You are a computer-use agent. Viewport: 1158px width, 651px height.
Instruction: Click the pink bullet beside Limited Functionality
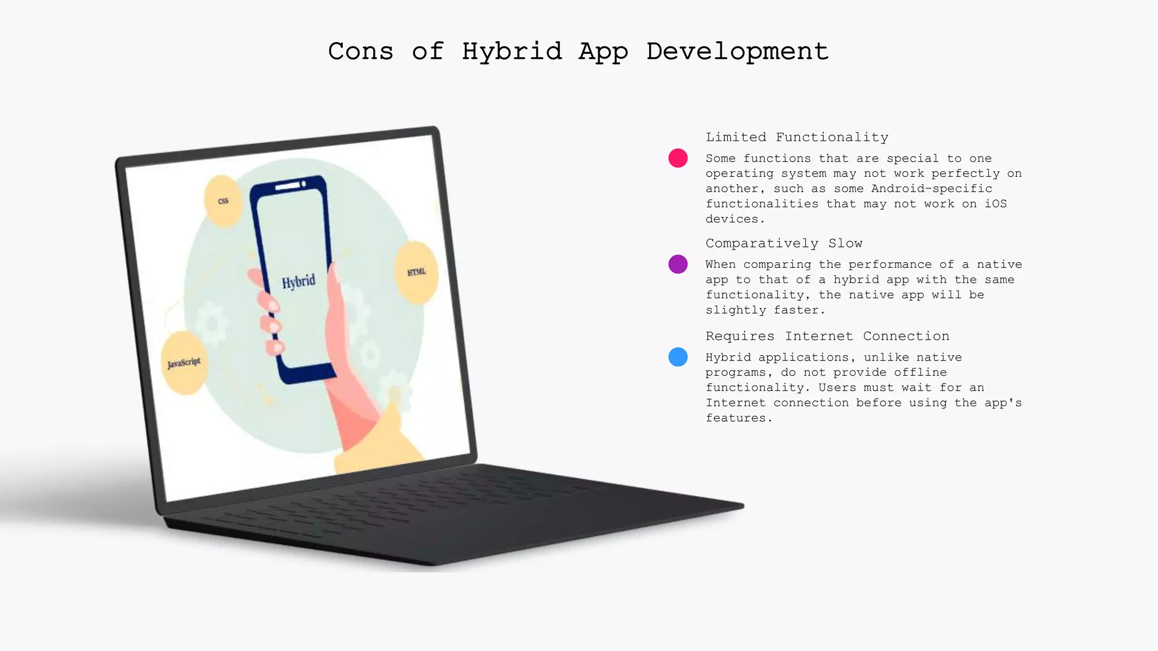coord(678,158)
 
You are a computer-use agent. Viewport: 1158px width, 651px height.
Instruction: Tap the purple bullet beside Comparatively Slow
coord(678,264)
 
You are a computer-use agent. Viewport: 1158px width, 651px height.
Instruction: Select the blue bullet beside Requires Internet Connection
coord(678,357)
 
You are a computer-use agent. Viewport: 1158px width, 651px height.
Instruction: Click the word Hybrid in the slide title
coord(512,51)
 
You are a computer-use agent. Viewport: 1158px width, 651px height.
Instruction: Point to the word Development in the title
coord(737,51)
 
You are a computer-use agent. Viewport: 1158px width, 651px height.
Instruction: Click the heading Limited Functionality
coord(797,137)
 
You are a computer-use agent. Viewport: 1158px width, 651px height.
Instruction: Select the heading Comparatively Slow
coord(784,244)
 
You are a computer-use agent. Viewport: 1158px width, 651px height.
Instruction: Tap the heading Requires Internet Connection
coord(827,336)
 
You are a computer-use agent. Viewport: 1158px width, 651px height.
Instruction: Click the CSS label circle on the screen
coord(223,201)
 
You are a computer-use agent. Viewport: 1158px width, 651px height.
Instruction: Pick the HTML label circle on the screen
coord(417,272)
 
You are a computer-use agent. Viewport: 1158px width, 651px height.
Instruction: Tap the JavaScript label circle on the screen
coord(184,363)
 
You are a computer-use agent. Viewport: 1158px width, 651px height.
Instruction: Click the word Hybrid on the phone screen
coord(299,281)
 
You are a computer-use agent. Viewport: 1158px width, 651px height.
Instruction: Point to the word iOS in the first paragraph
coord(996,204)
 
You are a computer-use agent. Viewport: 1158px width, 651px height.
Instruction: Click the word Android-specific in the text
coord(931,189)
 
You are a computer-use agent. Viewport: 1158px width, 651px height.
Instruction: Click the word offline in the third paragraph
coord(920,372)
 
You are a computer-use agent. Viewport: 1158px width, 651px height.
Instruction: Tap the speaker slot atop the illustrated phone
coord(287,186)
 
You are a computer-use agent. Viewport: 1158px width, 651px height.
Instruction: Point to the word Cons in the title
coord(361,51)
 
